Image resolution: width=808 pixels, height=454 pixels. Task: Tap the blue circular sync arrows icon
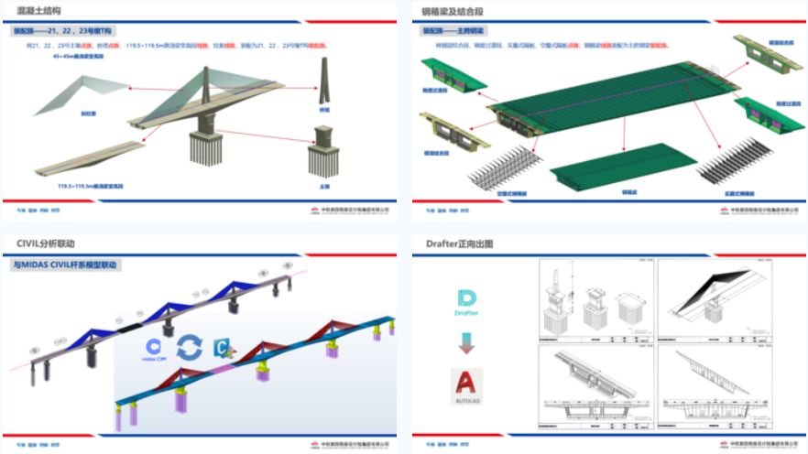(190, 347)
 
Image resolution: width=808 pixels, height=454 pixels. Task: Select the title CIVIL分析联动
(39, 243)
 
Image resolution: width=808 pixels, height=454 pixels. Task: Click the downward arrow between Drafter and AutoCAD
(466, 343)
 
